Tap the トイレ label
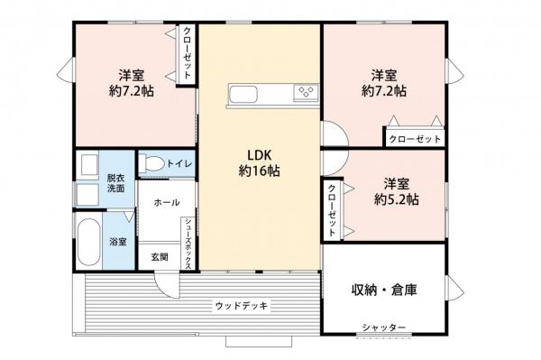click(x=178, y=163)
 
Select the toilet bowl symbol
click(x=152, y=164)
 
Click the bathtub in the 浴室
click(x=89, y=242)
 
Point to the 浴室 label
click(x=118, y=242)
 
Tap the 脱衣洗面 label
click(x=116, y=183)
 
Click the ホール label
click(x=167, y=202)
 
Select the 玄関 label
click(x=160, y=256)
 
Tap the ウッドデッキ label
click(x=241, y=305)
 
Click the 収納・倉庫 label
click(x=385, y=290)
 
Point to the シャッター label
click(x=384, y=327)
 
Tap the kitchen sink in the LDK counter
click(x=246, y=94)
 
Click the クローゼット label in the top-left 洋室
click(x=188, y=54)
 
